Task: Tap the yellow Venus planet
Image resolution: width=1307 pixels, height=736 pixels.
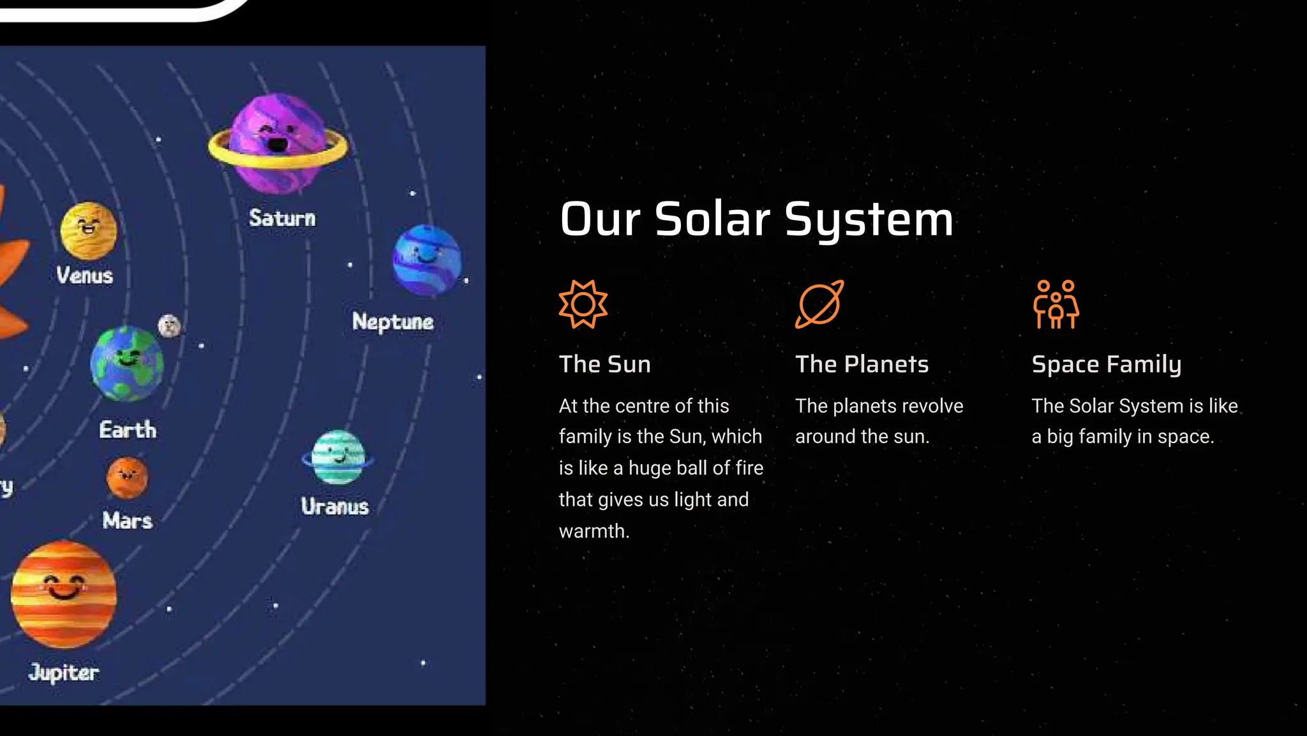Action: (89, 231)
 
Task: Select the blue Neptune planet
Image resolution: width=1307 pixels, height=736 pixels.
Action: (427, 260)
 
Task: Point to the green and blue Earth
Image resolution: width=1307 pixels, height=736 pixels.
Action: (127, 364)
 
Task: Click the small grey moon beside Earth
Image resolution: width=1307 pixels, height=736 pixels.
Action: (169, 325)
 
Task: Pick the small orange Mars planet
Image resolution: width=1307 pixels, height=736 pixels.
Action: (127, 477)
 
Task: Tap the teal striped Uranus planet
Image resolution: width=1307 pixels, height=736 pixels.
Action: (338, 457)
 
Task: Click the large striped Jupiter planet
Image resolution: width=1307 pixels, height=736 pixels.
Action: (64, 594)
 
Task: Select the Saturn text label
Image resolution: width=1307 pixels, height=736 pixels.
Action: (282, 218)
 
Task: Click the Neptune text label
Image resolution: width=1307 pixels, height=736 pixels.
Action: (392, 321)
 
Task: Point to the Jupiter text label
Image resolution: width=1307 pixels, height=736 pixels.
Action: (64, 672)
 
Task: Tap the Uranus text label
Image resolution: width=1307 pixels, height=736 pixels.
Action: (335, 506)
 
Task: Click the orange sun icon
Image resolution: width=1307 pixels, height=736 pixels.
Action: (583, 304)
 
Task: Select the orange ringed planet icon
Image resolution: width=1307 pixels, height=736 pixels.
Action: (819, 304)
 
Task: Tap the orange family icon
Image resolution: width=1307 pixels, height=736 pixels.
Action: (1056, 304)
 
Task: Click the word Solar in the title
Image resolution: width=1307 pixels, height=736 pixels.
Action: (712, 219)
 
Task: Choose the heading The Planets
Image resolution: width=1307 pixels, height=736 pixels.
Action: (862, 364)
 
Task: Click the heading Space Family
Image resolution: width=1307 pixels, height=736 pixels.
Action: (1107, 364)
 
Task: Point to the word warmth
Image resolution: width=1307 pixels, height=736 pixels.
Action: (594, 531)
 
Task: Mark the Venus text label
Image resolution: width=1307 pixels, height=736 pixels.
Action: (84, 276)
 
